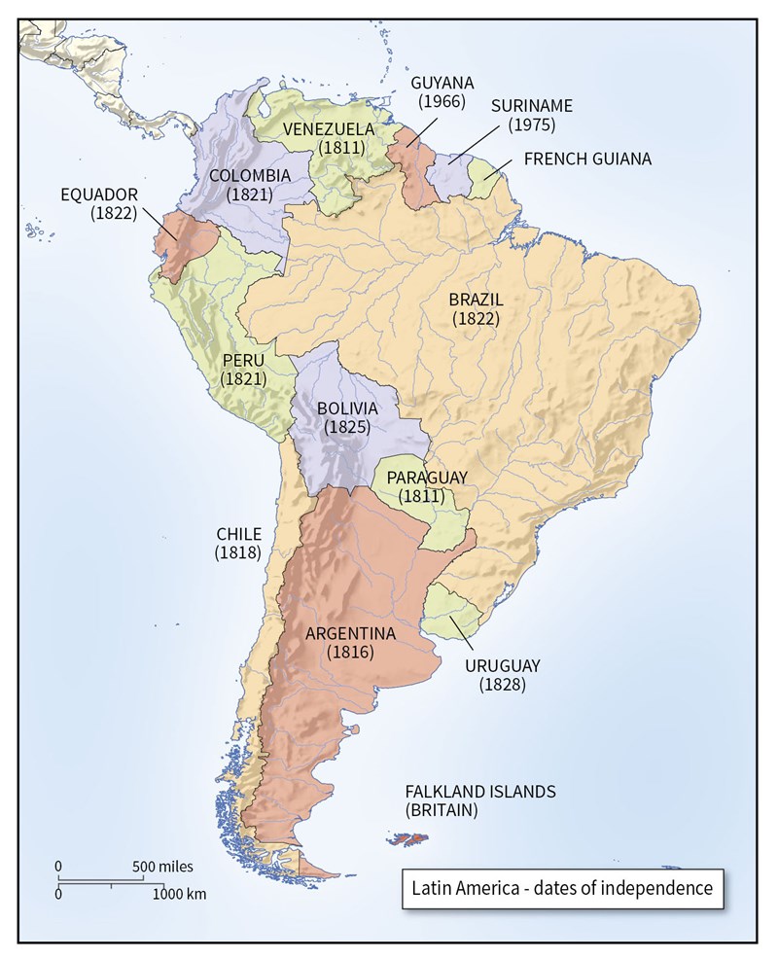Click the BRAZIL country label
(x=476, y=300)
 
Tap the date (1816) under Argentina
(x=351, y=652)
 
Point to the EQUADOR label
(x=99, y=195)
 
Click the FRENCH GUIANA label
(x=587, y=159)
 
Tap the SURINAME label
(x=532, y=105)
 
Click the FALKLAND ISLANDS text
(x=480, y=791)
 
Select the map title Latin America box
(x=563, y=888)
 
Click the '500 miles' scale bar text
(x=163, y=866)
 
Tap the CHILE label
(x=238, y=534)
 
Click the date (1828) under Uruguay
(x=502, y=685)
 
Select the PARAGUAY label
(x=427, y=477)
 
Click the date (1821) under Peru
(x=243, y=378)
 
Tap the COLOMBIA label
(x=249, y=175)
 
